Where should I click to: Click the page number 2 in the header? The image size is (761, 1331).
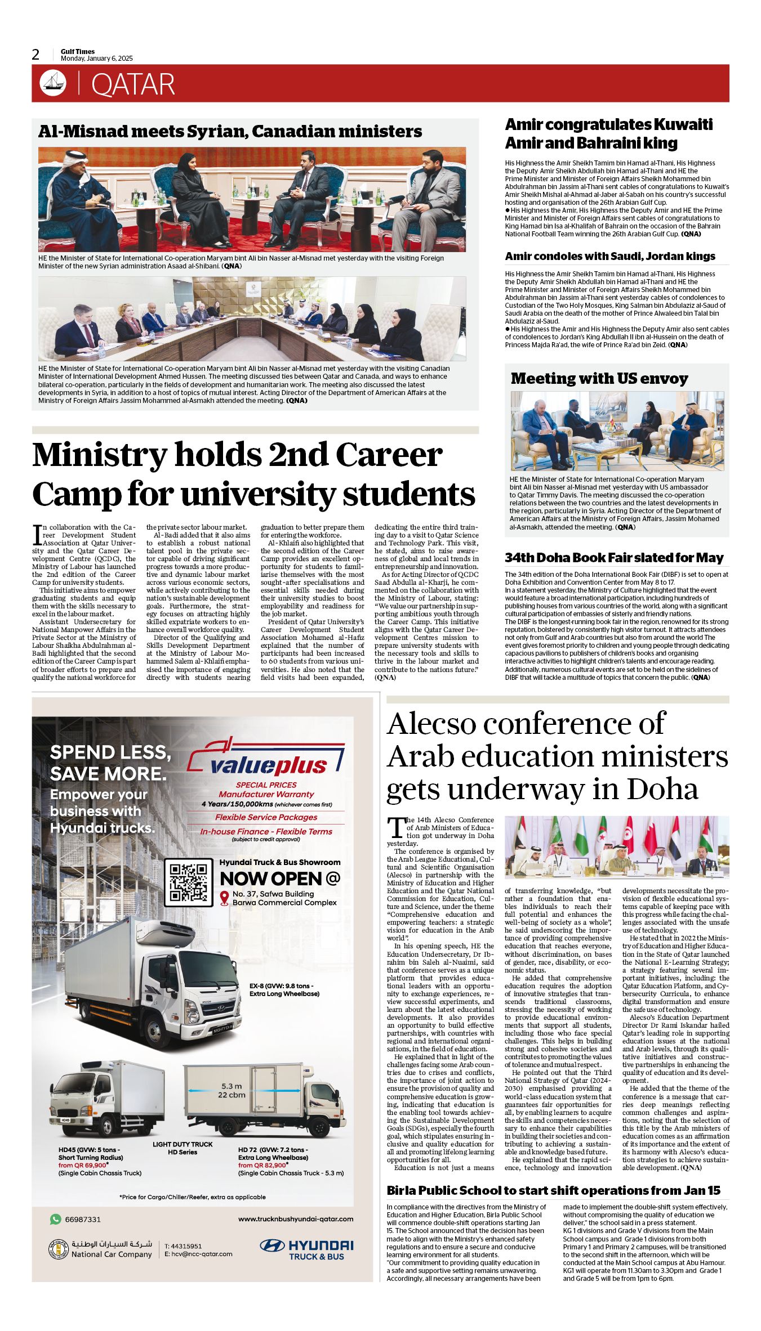point(36,55)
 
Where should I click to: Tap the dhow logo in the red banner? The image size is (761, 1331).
point(53,83)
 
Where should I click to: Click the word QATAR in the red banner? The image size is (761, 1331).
point(133,84)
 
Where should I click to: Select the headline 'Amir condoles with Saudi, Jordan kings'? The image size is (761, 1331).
point(609,256)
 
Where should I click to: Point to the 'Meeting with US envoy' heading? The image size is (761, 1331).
point(599,378)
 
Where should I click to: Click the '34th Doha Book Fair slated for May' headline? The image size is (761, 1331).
point(613,558)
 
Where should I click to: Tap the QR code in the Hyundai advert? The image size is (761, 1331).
point(188,882)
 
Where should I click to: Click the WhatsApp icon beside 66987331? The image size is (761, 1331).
point(55,1219)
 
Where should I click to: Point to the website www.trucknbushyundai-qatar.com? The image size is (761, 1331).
point(296,1219)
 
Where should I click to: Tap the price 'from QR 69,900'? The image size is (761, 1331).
point(83,1165)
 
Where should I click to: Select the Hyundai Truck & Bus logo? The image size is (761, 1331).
point(306,1249)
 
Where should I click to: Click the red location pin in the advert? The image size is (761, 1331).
point(224,898)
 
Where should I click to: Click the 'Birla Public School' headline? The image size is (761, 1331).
point(553,1190)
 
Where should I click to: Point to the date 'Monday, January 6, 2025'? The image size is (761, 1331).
point(97,59)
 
